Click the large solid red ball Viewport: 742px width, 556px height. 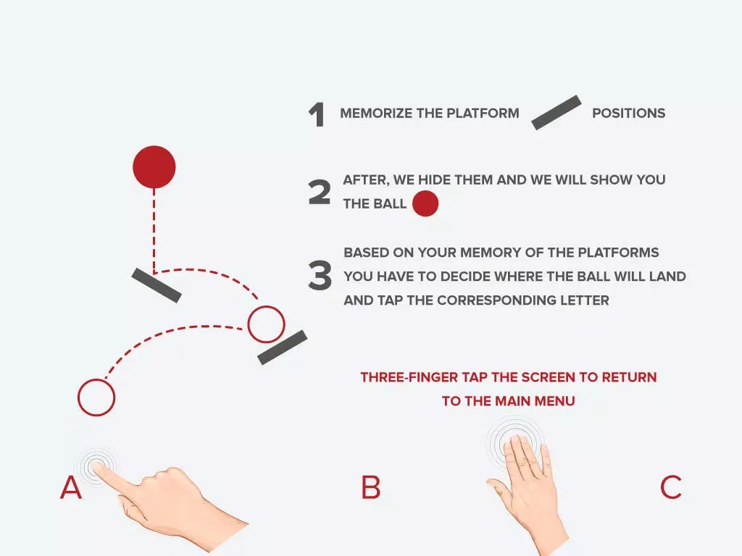(154, 167)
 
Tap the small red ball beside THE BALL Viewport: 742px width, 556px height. (425, 203)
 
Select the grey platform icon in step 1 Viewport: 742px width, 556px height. (556, 112)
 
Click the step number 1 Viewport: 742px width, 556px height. (317, 115)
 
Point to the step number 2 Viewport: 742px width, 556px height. (320, 192)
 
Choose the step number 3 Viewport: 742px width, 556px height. (320, 276)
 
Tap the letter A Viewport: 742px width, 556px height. (71, 487)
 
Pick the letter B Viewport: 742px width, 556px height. (371, 487)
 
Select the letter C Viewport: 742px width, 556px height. (671, 487)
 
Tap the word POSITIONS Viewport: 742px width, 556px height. (628, 114)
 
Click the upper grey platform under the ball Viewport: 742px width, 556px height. (157, 285)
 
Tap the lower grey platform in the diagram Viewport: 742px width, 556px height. (283, 347)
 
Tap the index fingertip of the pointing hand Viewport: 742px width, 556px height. (96, 468)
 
